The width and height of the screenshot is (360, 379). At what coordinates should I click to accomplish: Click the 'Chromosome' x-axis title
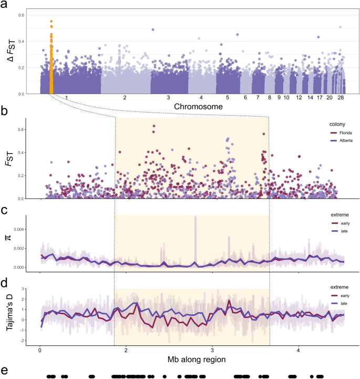(x=191, y=106)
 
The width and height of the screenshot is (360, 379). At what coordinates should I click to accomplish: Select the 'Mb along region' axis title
(x=191, y=359)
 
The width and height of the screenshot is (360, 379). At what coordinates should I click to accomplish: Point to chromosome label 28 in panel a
(x=341, y=98)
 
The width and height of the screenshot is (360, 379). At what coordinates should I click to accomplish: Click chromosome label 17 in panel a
(x=319, y=98)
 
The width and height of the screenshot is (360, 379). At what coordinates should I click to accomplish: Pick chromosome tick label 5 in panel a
(x=228, y=98)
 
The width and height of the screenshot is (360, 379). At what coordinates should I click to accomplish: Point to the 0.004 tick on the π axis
(x=27, y=229)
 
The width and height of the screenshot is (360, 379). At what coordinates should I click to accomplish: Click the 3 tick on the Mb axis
(x=212, y=349)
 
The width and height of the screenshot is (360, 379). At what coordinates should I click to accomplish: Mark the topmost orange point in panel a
(x=51, y=22)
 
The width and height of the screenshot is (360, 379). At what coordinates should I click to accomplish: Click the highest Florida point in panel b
(x=154, y=126)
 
